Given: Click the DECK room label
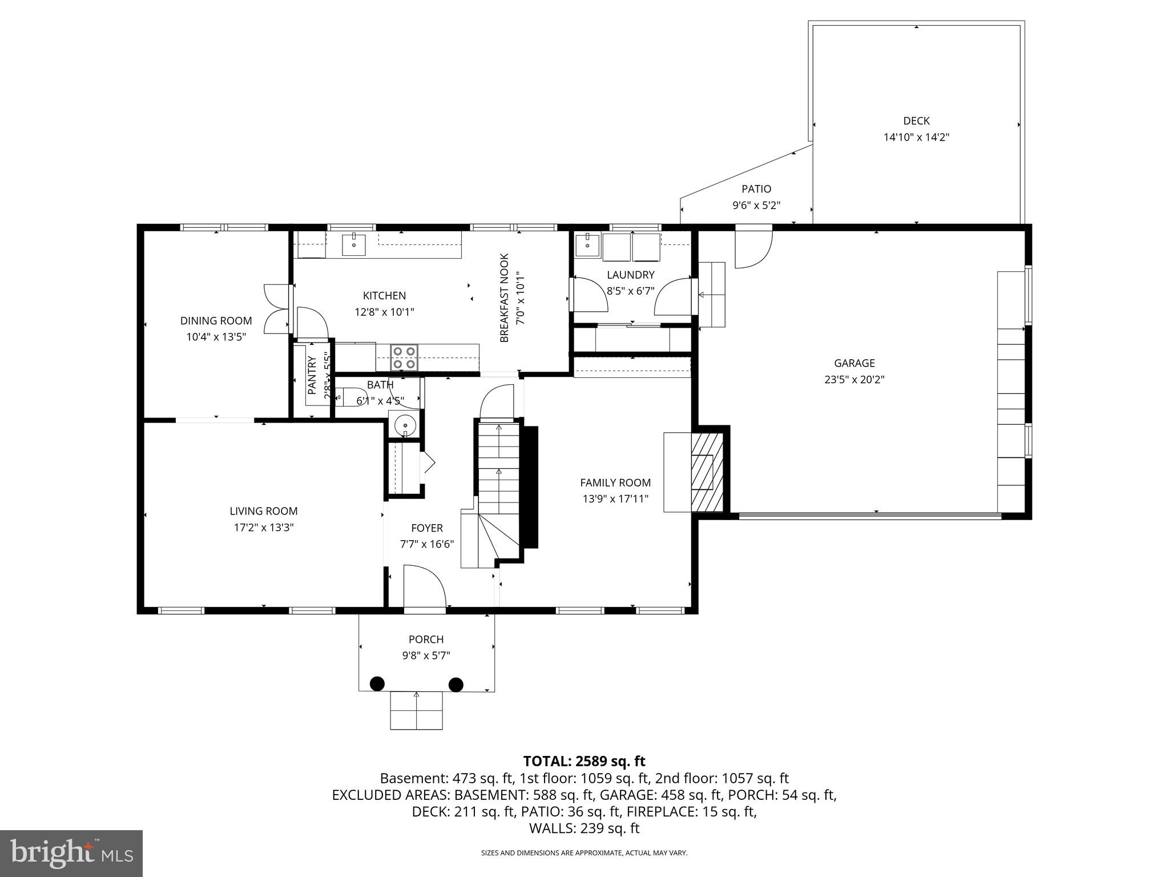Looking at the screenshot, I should click(916, 120).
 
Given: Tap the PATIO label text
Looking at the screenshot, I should click(756, 189).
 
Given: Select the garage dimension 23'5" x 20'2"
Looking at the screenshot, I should click(854, 379).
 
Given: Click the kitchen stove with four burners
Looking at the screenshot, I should click(404, 357).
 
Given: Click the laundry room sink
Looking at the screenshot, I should click(586, 245).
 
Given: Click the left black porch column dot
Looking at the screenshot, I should click(377, 683).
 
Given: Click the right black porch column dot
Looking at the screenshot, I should click(455, 683).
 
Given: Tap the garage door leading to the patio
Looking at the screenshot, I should click(753, 247).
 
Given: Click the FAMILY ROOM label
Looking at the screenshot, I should click(615, 482).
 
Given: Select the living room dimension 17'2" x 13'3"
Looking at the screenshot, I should click(264, 528).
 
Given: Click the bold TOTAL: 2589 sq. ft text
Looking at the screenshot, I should click(584, 761).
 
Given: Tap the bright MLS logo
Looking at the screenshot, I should click(71, 853).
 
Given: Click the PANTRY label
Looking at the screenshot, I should click(312, 376).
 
